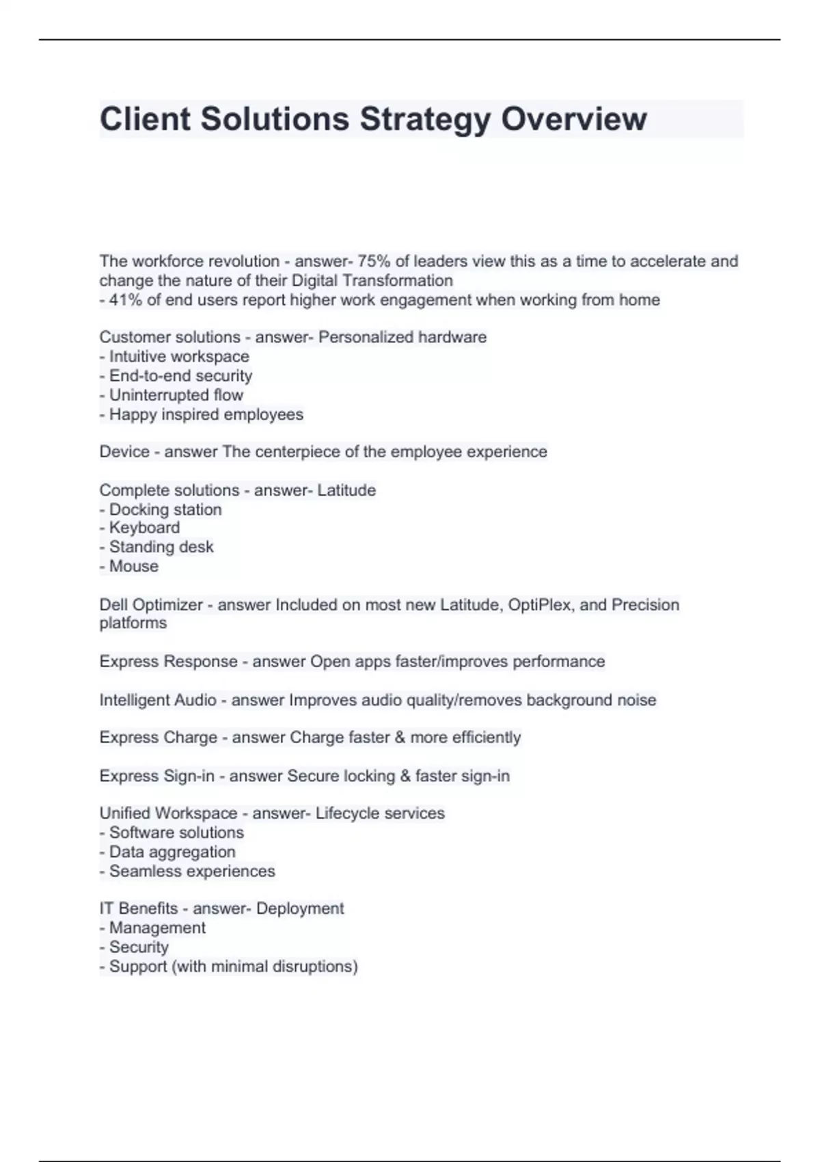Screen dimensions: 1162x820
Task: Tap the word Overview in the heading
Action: [574, 119]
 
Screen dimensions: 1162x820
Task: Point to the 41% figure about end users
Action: [125, 300]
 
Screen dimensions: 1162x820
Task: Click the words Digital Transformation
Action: [372, 281]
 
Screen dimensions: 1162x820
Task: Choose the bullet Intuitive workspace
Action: [179, 357]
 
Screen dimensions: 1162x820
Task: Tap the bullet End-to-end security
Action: [180, 376]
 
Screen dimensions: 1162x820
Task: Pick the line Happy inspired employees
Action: [206, 415]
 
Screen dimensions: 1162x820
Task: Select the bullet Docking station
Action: [165, 510]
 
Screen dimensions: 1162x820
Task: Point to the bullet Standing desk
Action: [161, 547]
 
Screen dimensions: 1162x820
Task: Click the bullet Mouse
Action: [134, 567]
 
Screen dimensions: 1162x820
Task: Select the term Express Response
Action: [168, 662]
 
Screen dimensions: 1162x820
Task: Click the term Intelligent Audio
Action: [158, 701]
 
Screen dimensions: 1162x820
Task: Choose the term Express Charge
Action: [158, 738]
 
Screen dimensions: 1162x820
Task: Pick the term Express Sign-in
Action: [156, 776]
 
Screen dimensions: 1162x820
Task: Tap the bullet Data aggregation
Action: [172, 852]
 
